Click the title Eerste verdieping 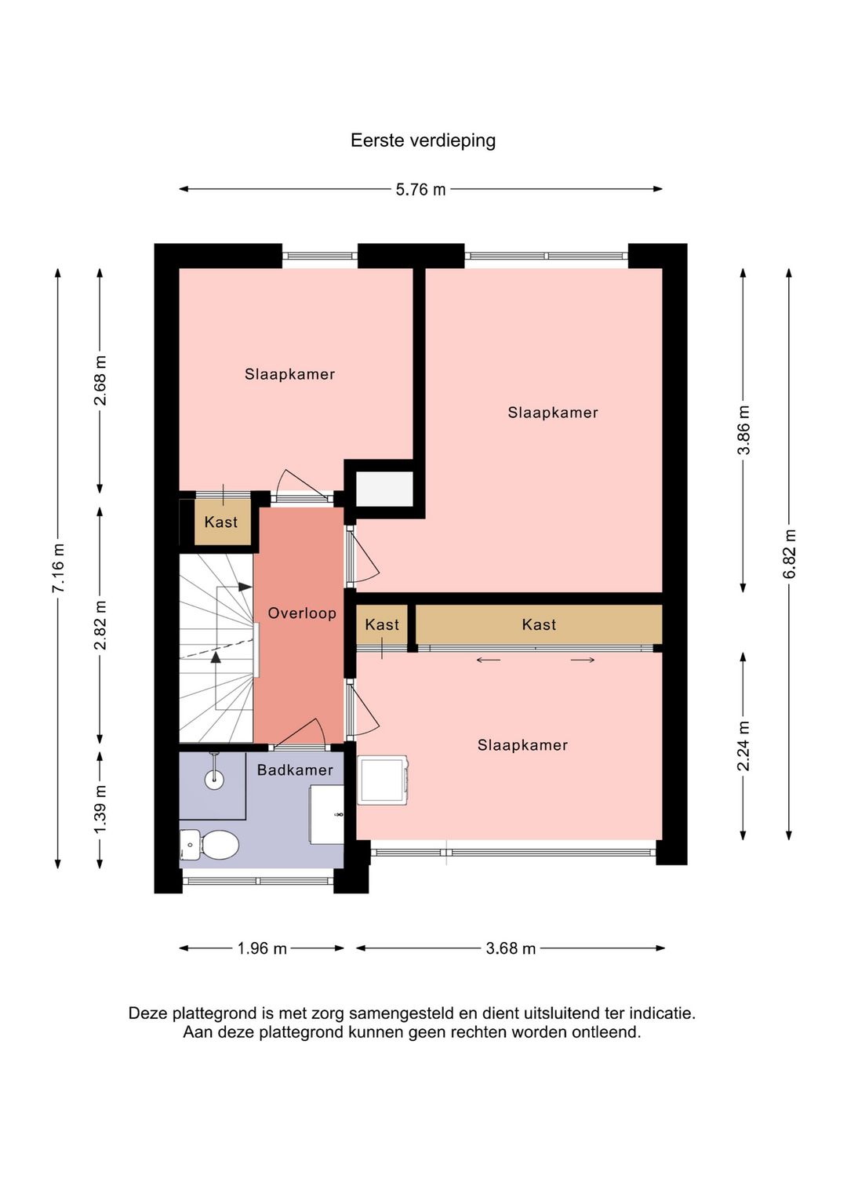423,140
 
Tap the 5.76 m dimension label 420,190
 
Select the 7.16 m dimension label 58,568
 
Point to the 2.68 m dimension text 100,380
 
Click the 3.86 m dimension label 743,430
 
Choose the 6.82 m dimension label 789,554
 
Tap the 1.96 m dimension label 262,948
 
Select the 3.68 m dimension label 511,948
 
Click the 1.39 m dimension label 100,809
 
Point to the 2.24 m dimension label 743,746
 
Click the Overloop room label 302,613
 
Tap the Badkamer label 295,770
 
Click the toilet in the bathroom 209,845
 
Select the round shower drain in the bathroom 214,779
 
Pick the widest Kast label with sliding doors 539,624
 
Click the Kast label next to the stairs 220,522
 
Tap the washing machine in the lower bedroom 384,780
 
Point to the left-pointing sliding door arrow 489,660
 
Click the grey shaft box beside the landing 385,489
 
